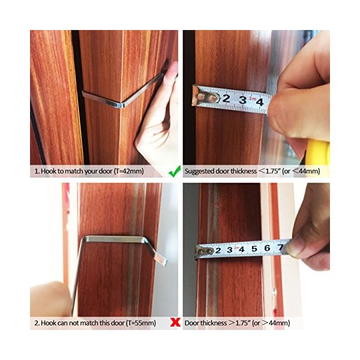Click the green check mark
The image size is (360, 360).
[175, 171]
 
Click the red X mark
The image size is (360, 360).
[175, 323]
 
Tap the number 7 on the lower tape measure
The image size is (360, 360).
[280, 247]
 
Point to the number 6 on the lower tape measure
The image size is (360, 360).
[267, 248]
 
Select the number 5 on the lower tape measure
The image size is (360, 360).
[254, 248]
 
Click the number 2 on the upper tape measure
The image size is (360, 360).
[226, 98]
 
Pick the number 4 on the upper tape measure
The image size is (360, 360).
[260, 102]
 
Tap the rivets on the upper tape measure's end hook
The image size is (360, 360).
[207, 97]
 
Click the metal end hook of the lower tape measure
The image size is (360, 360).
[204, 251]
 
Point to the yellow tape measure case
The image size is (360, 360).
[319, 152]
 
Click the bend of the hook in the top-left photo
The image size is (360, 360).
[121, 104]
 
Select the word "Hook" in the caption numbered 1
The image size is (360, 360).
[48, 171]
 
